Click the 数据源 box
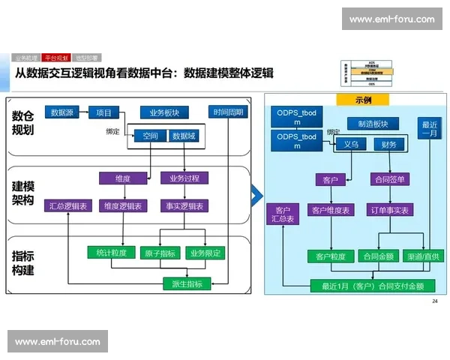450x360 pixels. click(x=62, y=113)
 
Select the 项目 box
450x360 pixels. click(x=103, y=113)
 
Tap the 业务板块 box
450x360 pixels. click(x=164, y=113)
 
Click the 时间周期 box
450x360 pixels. click(x=227, y=113)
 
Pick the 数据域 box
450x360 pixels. click(x=183, y=136)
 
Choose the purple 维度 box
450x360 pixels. click(x=122, y=178)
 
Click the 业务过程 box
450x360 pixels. click(x=184, y=178)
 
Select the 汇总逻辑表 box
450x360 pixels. click(x=68, y=205)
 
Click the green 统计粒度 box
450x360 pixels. click(x=111, y=253)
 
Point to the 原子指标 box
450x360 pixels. click(x=158, y=253)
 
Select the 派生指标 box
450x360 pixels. click(x=187, y=283)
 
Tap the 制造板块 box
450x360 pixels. click(x=367, y=123)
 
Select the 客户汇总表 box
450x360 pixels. click(x=283, y=214)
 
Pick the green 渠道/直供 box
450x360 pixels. click(x=423, y=256)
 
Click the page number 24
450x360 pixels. click(x=435, y=301)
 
